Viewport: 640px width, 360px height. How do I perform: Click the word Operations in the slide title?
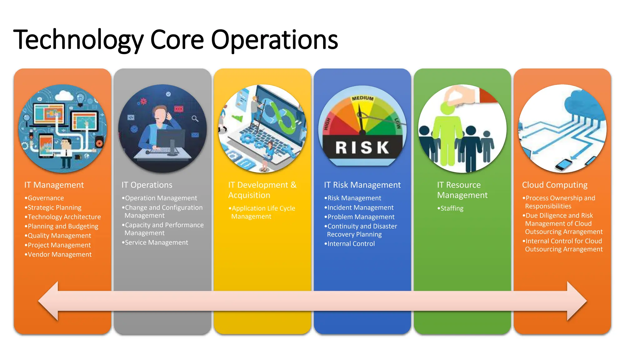[274, 40]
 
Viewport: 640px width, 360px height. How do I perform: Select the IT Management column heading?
[54, 185]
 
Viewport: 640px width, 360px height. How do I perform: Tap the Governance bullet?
[46, 198]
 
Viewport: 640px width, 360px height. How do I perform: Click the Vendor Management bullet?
[59, 255]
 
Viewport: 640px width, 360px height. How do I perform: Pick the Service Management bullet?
[156, 242]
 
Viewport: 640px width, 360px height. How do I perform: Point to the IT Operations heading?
[147, 185]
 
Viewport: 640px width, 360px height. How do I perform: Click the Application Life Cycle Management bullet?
[263, 212]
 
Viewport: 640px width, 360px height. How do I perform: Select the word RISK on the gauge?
[362, 147]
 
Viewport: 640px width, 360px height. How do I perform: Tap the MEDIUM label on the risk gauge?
[362, 98]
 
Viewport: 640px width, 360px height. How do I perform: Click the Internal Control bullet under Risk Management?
[351, 244]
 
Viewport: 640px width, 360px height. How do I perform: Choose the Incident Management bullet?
[360, 207]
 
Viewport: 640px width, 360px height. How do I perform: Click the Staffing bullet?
[452, 208]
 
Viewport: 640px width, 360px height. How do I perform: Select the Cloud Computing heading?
[555, 185]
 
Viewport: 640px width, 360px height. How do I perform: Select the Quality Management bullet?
[59, 236]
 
